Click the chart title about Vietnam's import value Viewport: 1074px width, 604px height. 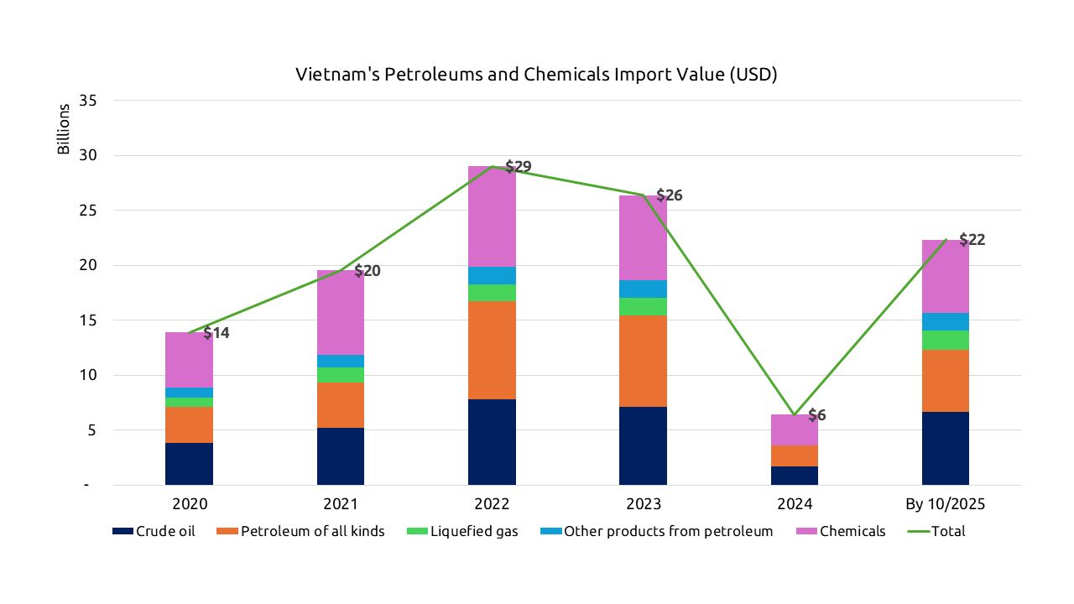pyautogui.click(x=536, y=75)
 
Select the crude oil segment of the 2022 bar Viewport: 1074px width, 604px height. pyautogui.click(x=492, y=442)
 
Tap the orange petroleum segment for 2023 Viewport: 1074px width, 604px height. pyautogui.click(x=643, y=361)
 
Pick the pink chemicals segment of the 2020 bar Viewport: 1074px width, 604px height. pyautogui.click(x=189, y=359)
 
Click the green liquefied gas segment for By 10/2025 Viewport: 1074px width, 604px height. pyautogui.click(x=945, y=340)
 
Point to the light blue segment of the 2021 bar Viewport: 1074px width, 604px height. pyautogui.click(x=341, y=361)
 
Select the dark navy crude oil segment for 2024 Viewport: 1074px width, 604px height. pyautogui.click(x=794, y=476)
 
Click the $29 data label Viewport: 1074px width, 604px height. pyautogui.click(x=519, y=167)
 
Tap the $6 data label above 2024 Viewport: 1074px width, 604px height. pyautogui.click(x=817, y=415)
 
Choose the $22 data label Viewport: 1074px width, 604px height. pyautogui.click(x=972, y=240)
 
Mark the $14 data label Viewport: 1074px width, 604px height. pyautogui.click(x=216, y=333)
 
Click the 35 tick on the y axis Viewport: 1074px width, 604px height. pyautogui.click(x=88, y=101)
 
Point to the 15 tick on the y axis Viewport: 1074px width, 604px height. pyautogui.click(x=88, y=320)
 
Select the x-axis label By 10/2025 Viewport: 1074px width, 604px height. pyautogui.click(x=945, y=505)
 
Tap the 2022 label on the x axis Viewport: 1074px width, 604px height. pyautogui.click(x=492, y=505)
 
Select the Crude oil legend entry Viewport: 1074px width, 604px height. pyautogui.click(x=155, y=531)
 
